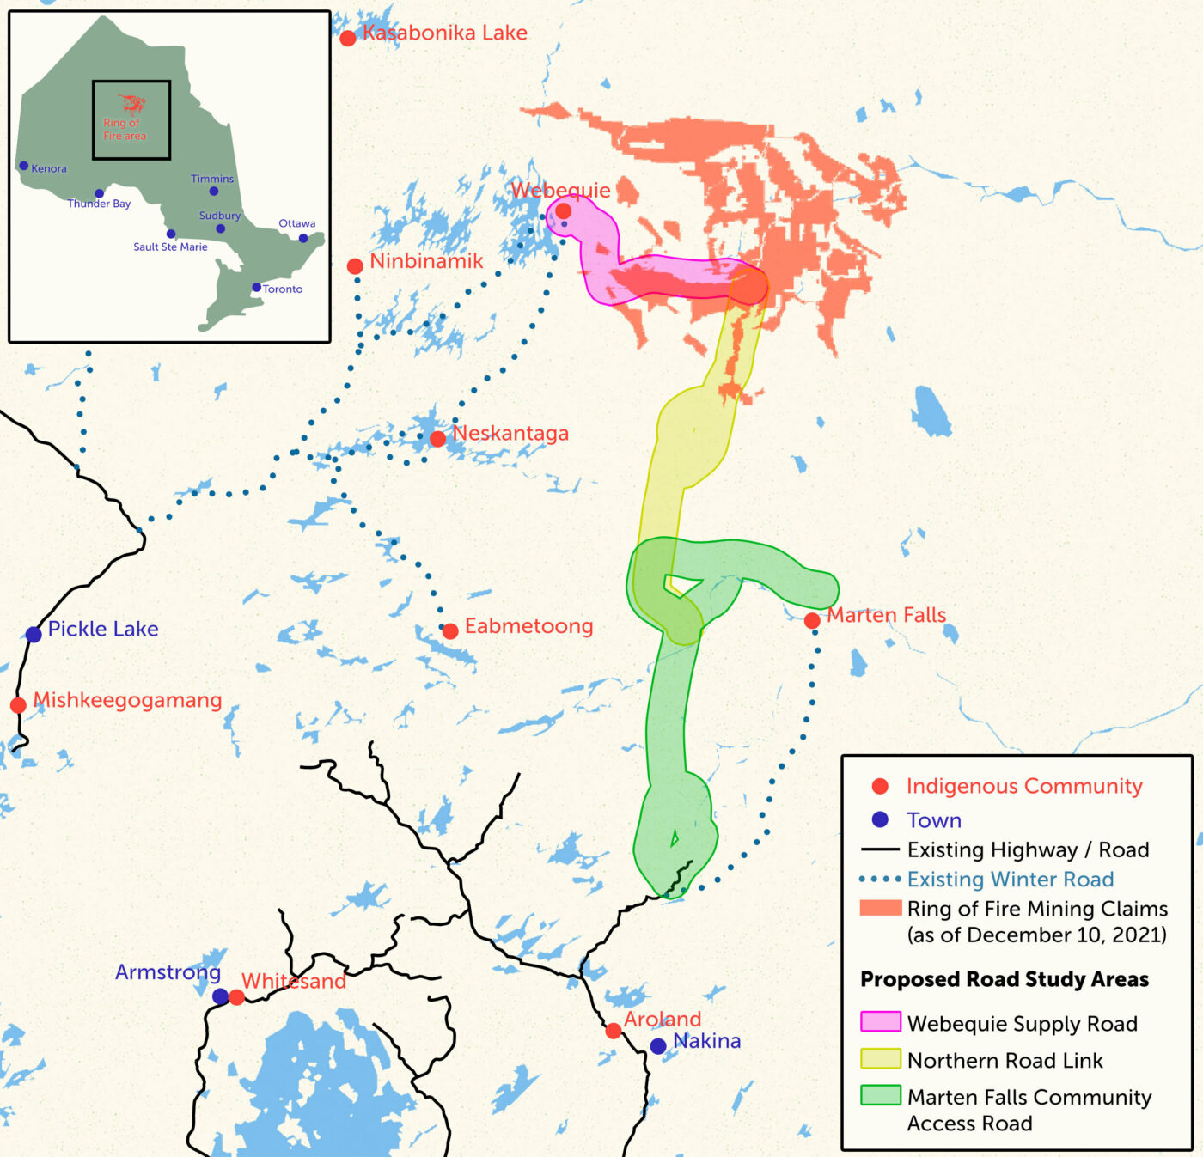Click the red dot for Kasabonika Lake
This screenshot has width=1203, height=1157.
point(348,38)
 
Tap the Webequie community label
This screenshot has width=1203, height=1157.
point(560,190)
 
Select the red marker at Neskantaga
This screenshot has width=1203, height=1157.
point(437,439)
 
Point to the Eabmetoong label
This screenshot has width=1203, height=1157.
point(528,626)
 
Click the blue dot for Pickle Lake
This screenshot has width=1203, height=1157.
point(34,635)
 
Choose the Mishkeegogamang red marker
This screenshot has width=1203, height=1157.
point(18,705)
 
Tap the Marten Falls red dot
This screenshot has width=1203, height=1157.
point(812,620)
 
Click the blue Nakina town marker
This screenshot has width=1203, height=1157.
point(658,1046)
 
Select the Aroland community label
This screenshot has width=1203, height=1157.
point(663,1020)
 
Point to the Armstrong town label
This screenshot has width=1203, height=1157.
point(168,972)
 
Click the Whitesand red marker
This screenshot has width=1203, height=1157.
point(237,997)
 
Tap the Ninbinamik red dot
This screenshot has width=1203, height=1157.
point(355,266)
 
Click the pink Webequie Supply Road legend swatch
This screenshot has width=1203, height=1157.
point(881,1022)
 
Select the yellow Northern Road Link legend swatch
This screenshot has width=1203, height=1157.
point(881,1059)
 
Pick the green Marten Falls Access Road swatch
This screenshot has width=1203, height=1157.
point(881,1095)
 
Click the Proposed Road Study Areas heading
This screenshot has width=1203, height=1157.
point(1004,979)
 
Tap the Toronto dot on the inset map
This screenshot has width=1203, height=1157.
point(256,288)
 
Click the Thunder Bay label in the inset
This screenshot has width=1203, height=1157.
point(99,204)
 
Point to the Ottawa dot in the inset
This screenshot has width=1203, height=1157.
point(303,238)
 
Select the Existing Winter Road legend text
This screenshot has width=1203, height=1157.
point(1010,880)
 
